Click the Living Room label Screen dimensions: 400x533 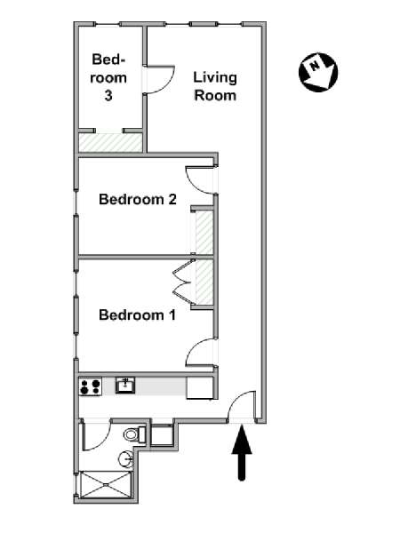coord(215,86)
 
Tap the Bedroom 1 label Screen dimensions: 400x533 coord(138,315)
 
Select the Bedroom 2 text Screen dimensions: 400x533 coord(138,199)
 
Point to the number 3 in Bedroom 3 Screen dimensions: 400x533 coord(108,96)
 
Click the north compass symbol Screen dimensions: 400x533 coord(318,72)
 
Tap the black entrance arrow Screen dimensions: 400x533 coord(242,453)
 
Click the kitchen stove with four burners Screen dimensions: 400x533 coord(91,386)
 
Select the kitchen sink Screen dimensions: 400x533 coord(125,386)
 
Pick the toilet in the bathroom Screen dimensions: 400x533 coord(135,434)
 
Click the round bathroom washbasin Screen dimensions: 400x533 coord(126,459)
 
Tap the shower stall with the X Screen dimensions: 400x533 coord(105,485)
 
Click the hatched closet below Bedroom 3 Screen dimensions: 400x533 coord(110,142)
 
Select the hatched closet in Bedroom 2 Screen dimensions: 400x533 coord(204,233)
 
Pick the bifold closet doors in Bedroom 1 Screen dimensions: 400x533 coord(184,282)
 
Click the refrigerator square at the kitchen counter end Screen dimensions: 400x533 coord(200,387)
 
